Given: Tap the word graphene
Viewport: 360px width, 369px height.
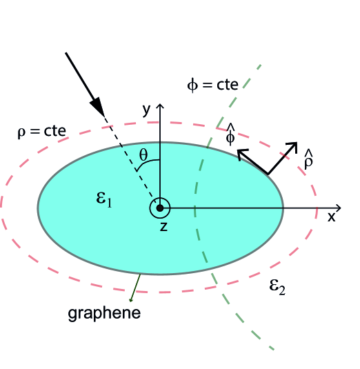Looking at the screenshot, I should click(x=104, y=313).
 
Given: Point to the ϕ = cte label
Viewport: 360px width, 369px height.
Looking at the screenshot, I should click(x=213, y=85).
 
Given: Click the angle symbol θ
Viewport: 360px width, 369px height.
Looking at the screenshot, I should click(x=143, y=154).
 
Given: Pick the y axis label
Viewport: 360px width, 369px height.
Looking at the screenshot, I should click(x=146, y=109).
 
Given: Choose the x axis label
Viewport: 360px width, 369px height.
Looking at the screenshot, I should click(x=332, y=217).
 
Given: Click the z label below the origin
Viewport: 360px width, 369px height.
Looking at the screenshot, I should click(x=163, y=226).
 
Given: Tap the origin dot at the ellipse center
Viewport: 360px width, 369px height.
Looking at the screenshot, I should click(x=160, y=208).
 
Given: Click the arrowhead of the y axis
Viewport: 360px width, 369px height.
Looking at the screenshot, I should click(x=160, y=106).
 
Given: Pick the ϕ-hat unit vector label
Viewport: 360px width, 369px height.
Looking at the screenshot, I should click(x=231, y=135).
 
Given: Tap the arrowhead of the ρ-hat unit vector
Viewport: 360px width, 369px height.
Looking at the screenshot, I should click(x=292, y=148).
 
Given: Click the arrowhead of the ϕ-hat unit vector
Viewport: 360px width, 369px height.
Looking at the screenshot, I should click(x=242, y=155).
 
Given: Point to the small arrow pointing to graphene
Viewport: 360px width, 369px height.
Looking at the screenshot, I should click(x=134, y=290).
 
